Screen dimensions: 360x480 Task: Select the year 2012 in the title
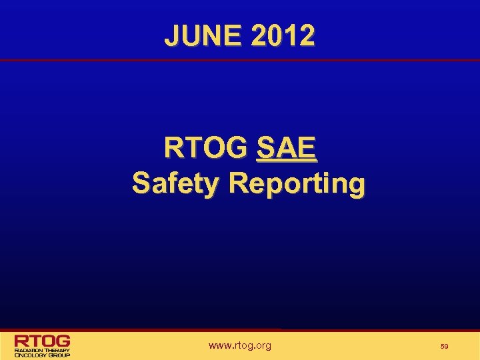coord(283,35)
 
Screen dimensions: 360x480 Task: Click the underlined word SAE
coord(286,148)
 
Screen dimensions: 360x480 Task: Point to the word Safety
coord(175,182)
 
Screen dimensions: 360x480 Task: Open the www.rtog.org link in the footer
coord(239,345)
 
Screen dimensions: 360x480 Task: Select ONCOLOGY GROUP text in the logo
coord(42,355)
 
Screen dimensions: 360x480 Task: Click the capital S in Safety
coord(141,182)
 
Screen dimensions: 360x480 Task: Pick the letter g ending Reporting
coord(356,185)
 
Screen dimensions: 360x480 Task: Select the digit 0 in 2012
coord(274,35)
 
